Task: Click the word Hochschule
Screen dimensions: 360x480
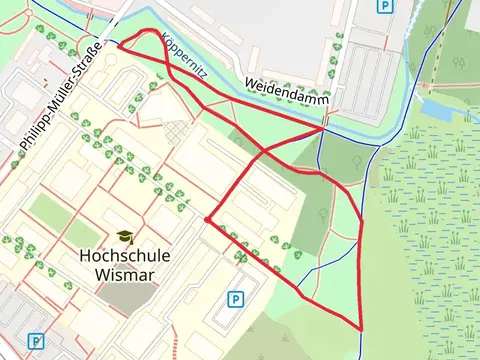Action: (x=124, y=256)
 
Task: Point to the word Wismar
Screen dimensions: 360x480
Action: (x=124, y=273)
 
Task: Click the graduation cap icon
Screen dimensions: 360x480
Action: (x=124, y=237)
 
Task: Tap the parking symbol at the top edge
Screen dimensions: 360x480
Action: (x=384, y=6)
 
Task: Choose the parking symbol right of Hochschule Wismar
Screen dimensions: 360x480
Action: (x=236, y=298)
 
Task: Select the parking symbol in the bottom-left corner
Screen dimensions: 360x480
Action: (x=36, y=341)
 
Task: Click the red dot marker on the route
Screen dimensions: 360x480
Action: (x=207, y=219)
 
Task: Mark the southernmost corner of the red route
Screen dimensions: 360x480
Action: (x=360, y=329)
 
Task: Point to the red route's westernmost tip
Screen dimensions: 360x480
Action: (x=118, y=45)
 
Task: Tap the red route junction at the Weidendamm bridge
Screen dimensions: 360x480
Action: (x=324, y=128)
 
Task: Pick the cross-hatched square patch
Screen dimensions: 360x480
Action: (x=176, y=131)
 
